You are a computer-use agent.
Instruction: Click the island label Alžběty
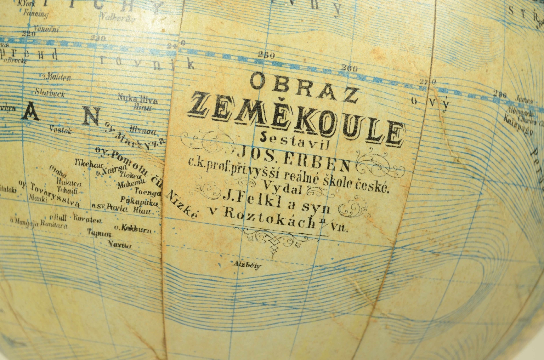pos(247,264)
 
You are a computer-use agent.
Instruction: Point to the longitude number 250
pos(266,56)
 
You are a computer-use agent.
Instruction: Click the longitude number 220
pos(28,34)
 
